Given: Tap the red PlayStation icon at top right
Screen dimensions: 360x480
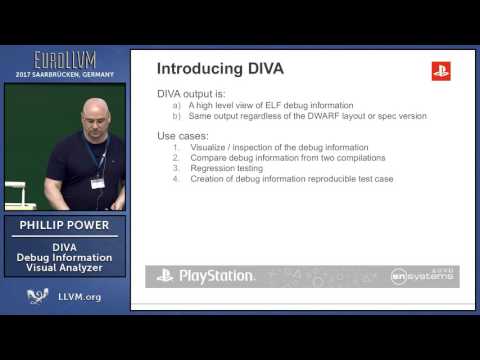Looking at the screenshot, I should (x=440, y=70).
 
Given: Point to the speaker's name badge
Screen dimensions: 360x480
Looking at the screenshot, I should (x=97, y=182).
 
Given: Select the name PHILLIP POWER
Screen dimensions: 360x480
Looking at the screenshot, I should (x=64, y=226).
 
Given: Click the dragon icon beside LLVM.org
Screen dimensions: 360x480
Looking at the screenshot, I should (x=39, y=296).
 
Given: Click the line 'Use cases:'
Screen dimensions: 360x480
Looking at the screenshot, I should (x=185, y=135).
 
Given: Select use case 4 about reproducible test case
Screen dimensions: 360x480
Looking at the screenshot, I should (x=290, y=179).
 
